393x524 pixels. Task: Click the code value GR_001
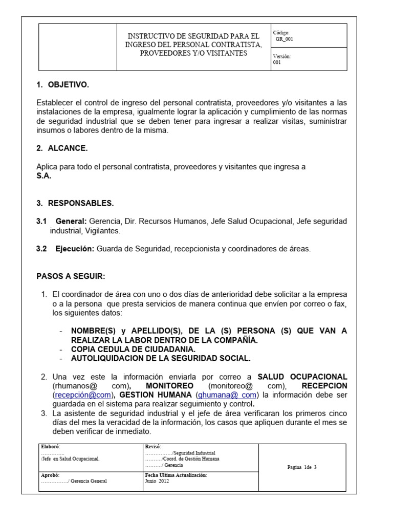tap(285, 38)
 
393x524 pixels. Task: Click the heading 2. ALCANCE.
tap(62, 148)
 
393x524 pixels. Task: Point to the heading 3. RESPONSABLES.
tap(75, 203)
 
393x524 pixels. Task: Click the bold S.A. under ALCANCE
tap(44, 176)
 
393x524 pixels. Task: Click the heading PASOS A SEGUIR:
tap(71, 276)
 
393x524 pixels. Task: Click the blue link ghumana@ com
tap(227, 395)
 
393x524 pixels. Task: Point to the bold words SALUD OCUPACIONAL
tap(302, 377)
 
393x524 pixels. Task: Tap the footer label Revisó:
tap(154, 447)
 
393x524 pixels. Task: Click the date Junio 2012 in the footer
tap(157, 481)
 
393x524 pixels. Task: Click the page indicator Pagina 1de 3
tap(302, 467)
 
